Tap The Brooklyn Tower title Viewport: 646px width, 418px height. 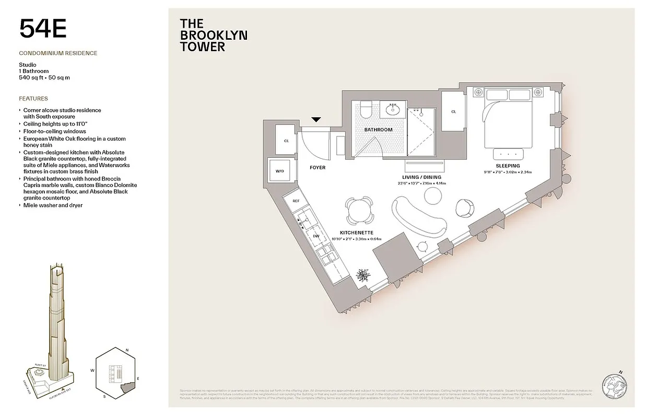[213, 35]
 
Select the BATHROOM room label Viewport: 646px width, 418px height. [378, 130]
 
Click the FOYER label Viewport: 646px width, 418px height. [317, 168]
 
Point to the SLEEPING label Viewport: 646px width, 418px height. [508, 166]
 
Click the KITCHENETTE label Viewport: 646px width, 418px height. [356, 233]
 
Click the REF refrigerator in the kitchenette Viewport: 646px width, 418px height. [296, 201]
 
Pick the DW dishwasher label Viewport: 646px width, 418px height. [315, 236]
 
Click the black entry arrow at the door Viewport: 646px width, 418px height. [316, 120]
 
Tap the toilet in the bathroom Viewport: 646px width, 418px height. [366, 110]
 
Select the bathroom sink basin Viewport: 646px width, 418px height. [392, 109]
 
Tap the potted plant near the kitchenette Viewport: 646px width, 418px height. [361, 275]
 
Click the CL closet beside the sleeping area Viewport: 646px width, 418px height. [453, 111]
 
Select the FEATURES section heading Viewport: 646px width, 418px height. [33, 98]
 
